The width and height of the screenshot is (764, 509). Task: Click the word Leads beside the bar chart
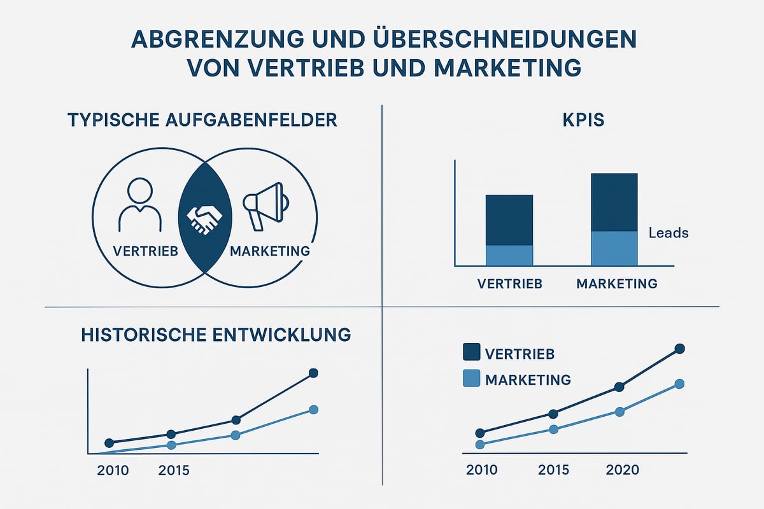coord(668,233)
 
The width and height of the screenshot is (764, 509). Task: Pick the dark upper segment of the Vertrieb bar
coord(509,220)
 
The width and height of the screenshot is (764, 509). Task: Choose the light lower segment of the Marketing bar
coord(614,248)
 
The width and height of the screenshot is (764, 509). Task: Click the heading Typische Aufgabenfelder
coord(202,120)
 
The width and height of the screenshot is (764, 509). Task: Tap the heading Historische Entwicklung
coord(216,335)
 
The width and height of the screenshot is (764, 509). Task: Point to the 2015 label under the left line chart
coord(174,471)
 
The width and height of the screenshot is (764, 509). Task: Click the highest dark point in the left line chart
coord(313,373)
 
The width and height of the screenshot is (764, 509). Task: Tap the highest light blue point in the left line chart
coord(313,410)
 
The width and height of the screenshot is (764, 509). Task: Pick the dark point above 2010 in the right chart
coord(480,433)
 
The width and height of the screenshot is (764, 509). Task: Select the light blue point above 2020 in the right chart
coord(619,412)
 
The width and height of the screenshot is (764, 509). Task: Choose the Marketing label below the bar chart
coord(616,284)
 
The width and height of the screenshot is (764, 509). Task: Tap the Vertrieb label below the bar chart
coord(509,284)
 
